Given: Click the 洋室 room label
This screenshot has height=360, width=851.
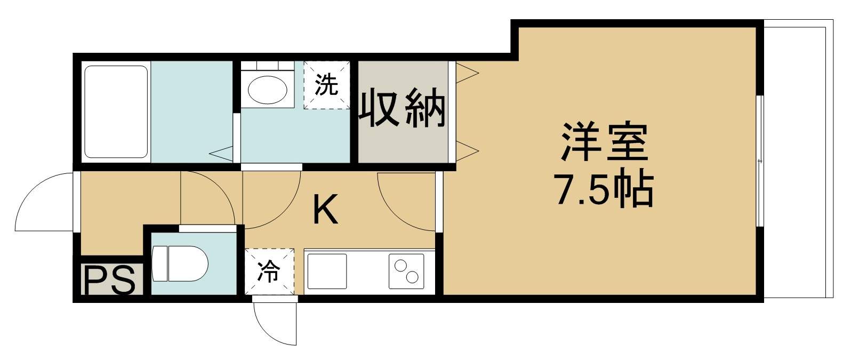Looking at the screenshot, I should pyautogui.click(x=604, y=142).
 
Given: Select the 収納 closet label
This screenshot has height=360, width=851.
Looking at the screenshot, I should pyautogui.click(x=403, y=109).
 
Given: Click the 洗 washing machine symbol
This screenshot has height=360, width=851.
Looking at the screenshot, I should pyautogui.click(x=326, y=85).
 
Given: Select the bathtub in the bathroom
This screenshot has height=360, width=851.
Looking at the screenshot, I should pyautogui.click(x=116, y=111).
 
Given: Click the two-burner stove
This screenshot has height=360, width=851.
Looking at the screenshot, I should pyautogui.click(x=406, y=271).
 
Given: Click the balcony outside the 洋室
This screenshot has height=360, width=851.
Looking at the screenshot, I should pyautogui.click(x=794, y=160).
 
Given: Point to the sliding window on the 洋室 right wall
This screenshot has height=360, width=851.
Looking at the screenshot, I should pyautogui.click(x=760, y=161).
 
